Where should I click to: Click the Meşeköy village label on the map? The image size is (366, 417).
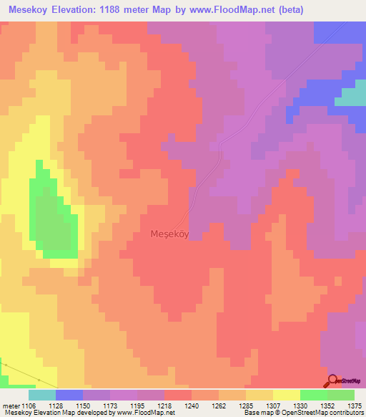pyautogui.click(x=169, y=234)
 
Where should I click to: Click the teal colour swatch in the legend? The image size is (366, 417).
pyautogui.click(x=42, y=395)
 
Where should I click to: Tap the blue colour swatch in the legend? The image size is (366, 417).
pyautogui.click(x=69, y=395)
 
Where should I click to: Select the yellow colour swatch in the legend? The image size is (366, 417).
pyautogui.click(x=287, y=395)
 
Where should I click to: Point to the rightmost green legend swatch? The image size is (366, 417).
pyautogui.click(x=341, y=395)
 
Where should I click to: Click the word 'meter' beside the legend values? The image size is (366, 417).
pyautogui.click(x=11, y=405)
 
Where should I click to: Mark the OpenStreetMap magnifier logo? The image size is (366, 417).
pyautogui.click(x=332, y=381)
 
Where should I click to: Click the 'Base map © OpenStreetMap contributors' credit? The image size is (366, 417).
pyautogui.click(x=303, y=413)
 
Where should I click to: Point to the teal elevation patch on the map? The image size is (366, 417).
pyautogui.click(x=350, y=97)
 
